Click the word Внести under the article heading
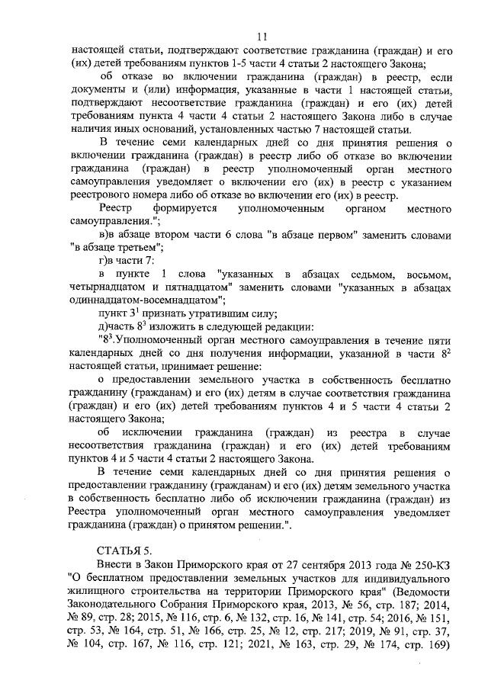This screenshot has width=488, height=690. coord(117,564)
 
